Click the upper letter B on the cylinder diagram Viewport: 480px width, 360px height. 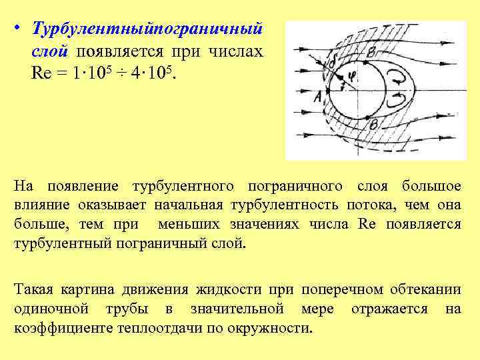point(371,51)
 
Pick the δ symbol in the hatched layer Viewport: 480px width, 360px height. point(332,62)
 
